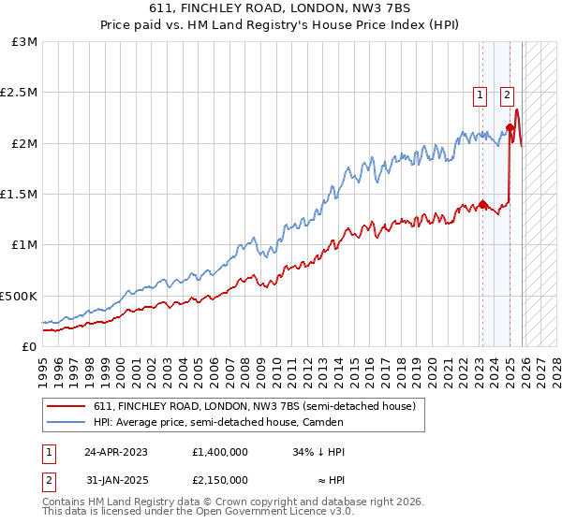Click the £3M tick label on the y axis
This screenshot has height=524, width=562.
[x=24, y=42]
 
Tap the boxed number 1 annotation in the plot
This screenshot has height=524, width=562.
[x=481, y=94]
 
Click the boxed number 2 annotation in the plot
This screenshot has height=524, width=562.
[x=507, y=94]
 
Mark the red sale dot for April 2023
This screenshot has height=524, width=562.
[x=482, y=204]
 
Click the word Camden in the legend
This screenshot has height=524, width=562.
[x=398, y=422]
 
